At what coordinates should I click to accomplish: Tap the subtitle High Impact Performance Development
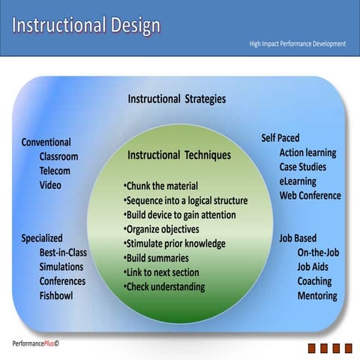[297, 43]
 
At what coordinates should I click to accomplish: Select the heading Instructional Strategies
[176, 99]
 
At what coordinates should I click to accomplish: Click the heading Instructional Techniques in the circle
[179, 155]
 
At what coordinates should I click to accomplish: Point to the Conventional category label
[46, 142]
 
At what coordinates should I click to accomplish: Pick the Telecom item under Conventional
[55, 171]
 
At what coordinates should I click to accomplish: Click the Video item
[50, 185]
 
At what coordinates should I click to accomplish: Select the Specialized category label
[42, 238]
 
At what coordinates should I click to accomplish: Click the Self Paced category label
[280, 138]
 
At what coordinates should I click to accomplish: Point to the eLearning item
[298, 181]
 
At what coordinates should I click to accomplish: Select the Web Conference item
[310, 196]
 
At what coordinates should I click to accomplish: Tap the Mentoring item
[316, 295]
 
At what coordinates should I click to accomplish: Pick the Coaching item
[315, 281]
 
